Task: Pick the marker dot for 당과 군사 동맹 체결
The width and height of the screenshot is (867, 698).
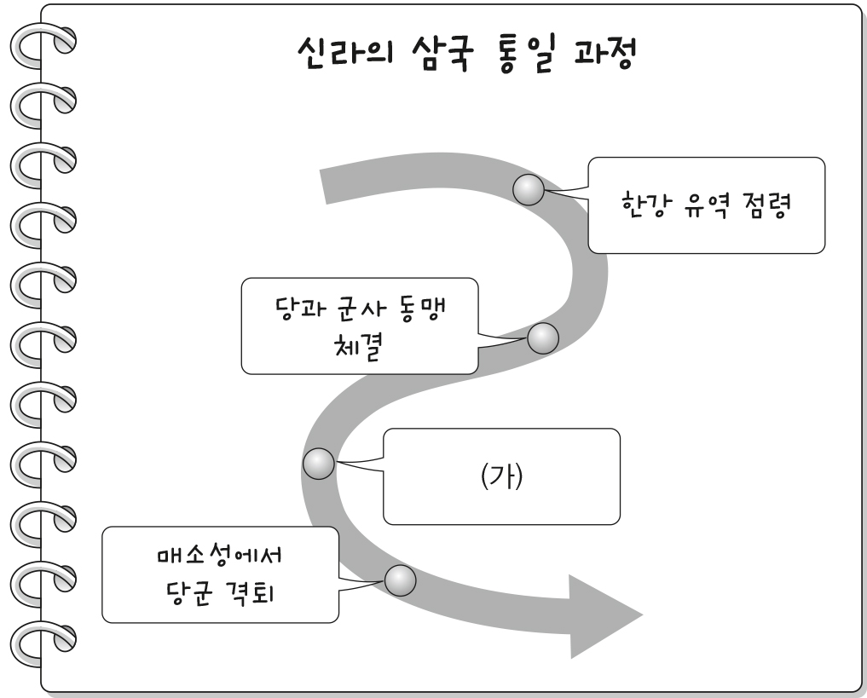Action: click(542, 339)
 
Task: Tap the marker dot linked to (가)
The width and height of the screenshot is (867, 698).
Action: click(318, 464)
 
